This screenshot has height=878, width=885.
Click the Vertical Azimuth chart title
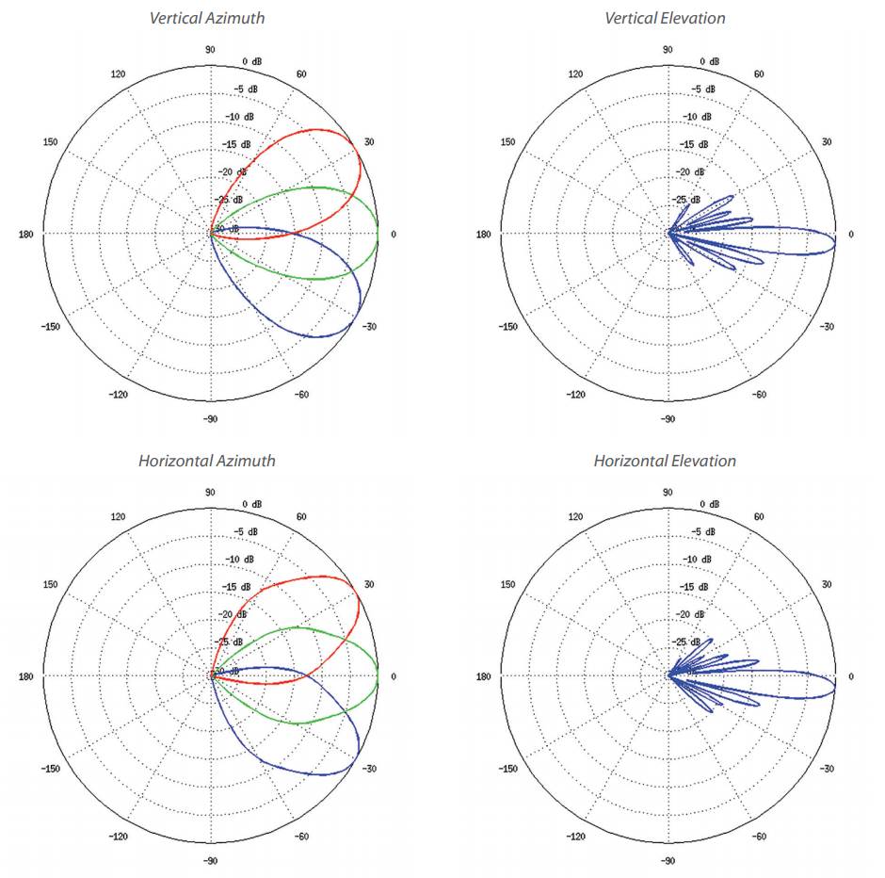click(x=208, y=18)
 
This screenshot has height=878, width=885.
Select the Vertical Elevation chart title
click(x=665, y=18)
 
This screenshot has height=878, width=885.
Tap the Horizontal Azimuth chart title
click(x=207, y=461)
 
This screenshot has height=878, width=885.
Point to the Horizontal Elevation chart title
click(x=665, y=461)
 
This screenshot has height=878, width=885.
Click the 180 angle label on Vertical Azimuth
click(x=25, y=234)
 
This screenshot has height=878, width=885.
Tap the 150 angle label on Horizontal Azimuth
click(x=50, y=585)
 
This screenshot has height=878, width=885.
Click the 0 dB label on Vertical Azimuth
click(x=252, y=61)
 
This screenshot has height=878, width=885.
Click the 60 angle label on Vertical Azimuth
click(x=301, y=74)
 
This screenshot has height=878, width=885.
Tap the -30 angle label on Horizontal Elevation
click(x=827, y=769)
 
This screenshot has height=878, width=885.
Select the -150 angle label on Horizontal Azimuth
click(x=51, y=769)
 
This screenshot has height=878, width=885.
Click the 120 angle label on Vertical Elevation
click(x=575, y=74)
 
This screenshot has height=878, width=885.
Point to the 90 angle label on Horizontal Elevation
click(x=667, y=492)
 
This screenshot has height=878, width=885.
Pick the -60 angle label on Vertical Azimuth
click(x=301, y=394)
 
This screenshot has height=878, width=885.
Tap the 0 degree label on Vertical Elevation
click(x=851, y=234)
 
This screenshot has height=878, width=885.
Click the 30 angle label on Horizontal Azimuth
click(x=369, y=585)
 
